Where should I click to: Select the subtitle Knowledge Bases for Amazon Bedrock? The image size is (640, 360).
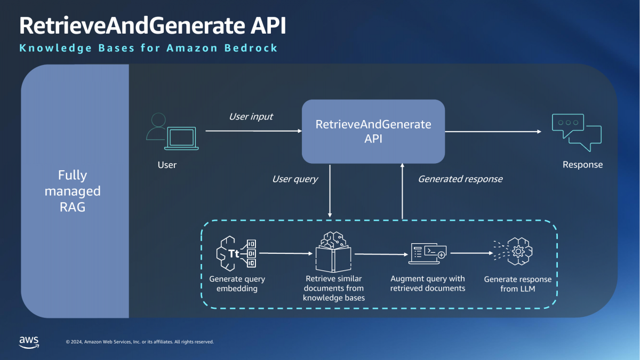148,48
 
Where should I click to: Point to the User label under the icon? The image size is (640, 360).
167,165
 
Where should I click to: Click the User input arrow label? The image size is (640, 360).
251,116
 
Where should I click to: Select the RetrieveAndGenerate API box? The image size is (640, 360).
373,131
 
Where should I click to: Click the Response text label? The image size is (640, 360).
582,165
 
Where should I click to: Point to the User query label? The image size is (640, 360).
295,179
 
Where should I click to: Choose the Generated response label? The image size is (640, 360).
460,179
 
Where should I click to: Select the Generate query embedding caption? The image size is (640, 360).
237,284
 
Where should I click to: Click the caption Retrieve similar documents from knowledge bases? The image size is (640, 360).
334,288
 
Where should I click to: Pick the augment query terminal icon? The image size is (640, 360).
428,253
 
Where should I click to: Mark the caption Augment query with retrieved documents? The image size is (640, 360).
428,283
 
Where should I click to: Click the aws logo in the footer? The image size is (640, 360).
29,341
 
